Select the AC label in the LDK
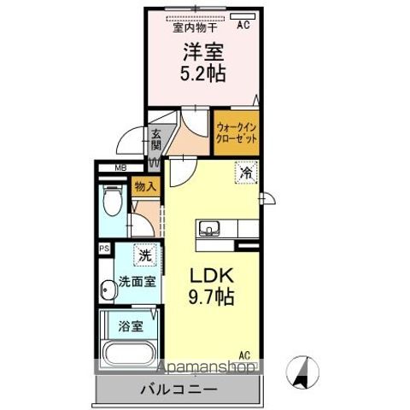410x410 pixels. tap(244, 354)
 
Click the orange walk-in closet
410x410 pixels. tap(236, 133)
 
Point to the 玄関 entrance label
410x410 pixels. tap(156, 139)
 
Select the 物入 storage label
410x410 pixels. tap(144, 186)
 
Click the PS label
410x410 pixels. tap(104, 249)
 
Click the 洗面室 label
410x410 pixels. tap(136, 281)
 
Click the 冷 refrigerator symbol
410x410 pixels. tap(248, 173)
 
